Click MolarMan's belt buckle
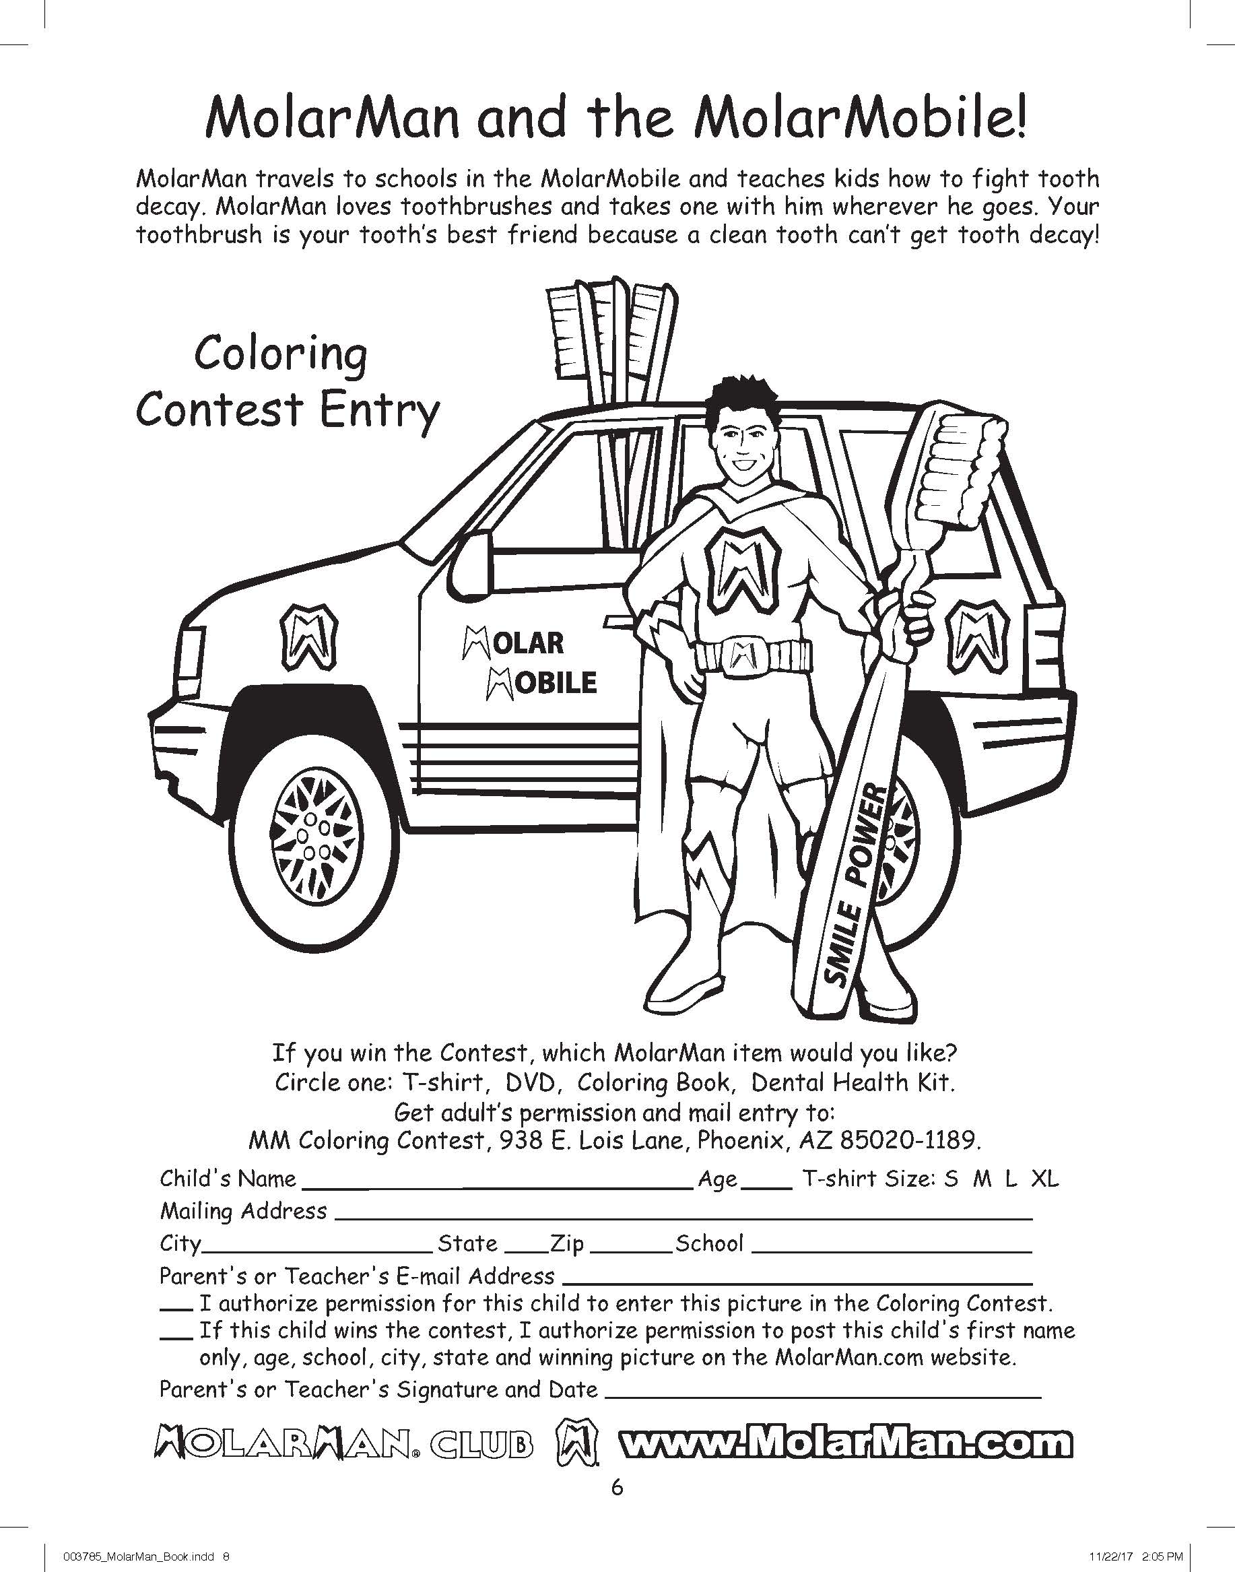point(739,655)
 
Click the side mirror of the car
point(469,557)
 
